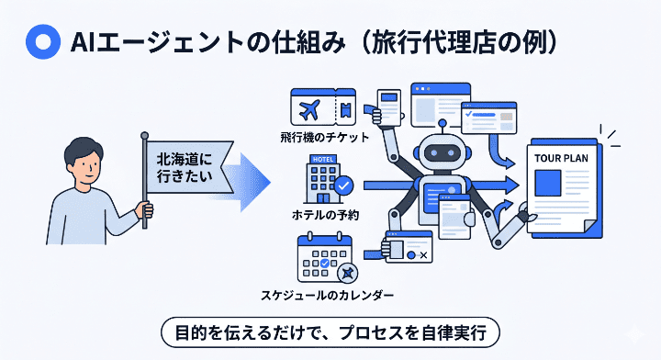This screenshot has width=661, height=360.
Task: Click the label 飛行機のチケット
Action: [325, 139]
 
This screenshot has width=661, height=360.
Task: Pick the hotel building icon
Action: [323, 180]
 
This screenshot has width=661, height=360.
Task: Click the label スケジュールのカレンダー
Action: [329, 296]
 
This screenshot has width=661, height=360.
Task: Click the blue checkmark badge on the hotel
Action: [343, 186]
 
